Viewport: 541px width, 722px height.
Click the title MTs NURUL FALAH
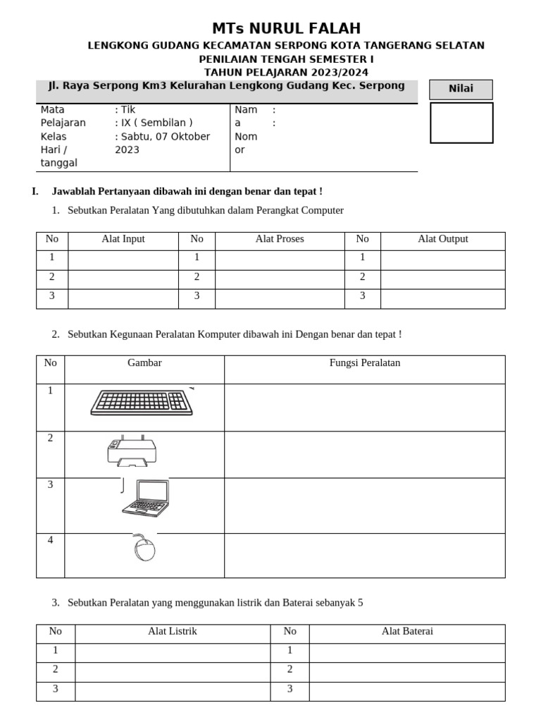[286, 29]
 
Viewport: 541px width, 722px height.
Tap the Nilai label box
[461, 90]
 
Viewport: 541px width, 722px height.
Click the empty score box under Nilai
[461, 123]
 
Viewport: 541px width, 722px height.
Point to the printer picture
[132, 451]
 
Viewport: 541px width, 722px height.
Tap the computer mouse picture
[144, 549]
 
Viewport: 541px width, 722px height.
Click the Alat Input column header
[123, 239]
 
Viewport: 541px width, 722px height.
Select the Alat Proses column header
[280, 239]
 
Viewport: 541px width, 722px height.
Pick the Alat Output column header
[442, 239]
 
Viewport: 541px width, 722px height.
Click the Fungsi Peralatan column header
[365, 363]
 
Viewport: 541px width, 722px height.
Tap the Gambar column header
[144, 363]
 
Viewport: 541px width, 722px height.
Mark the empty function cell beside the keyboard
[365, 408]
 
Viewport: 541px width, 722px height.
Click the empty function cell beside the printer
[365, 455]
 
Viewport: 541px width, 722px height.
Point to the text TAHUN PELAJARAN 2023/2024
[286, 72]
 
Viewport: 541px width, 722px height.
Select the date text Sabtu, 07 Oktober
[162, 137]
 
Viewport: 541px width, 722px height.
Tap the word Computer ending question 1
[321, 211]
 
